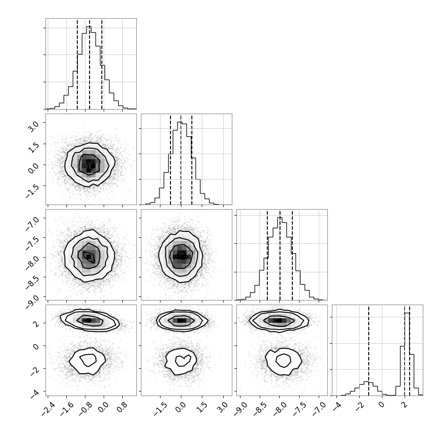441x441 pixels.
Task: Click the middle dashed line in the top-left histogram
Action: pyautogui.click(x=90, y=64)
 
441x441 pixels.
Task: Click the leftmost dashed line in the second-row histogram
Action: pyautogui.click(x=170, y=160)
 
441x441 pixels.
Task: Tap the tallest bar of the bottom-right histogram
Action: pyautogui.click(x=407, y=354)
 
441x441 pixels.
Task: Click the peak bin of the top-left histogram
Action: pyautogui.click(x=89, y=67)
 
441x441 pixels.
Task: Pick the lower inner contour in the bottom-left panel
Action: pyautogui.click(x=88, y=360)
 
